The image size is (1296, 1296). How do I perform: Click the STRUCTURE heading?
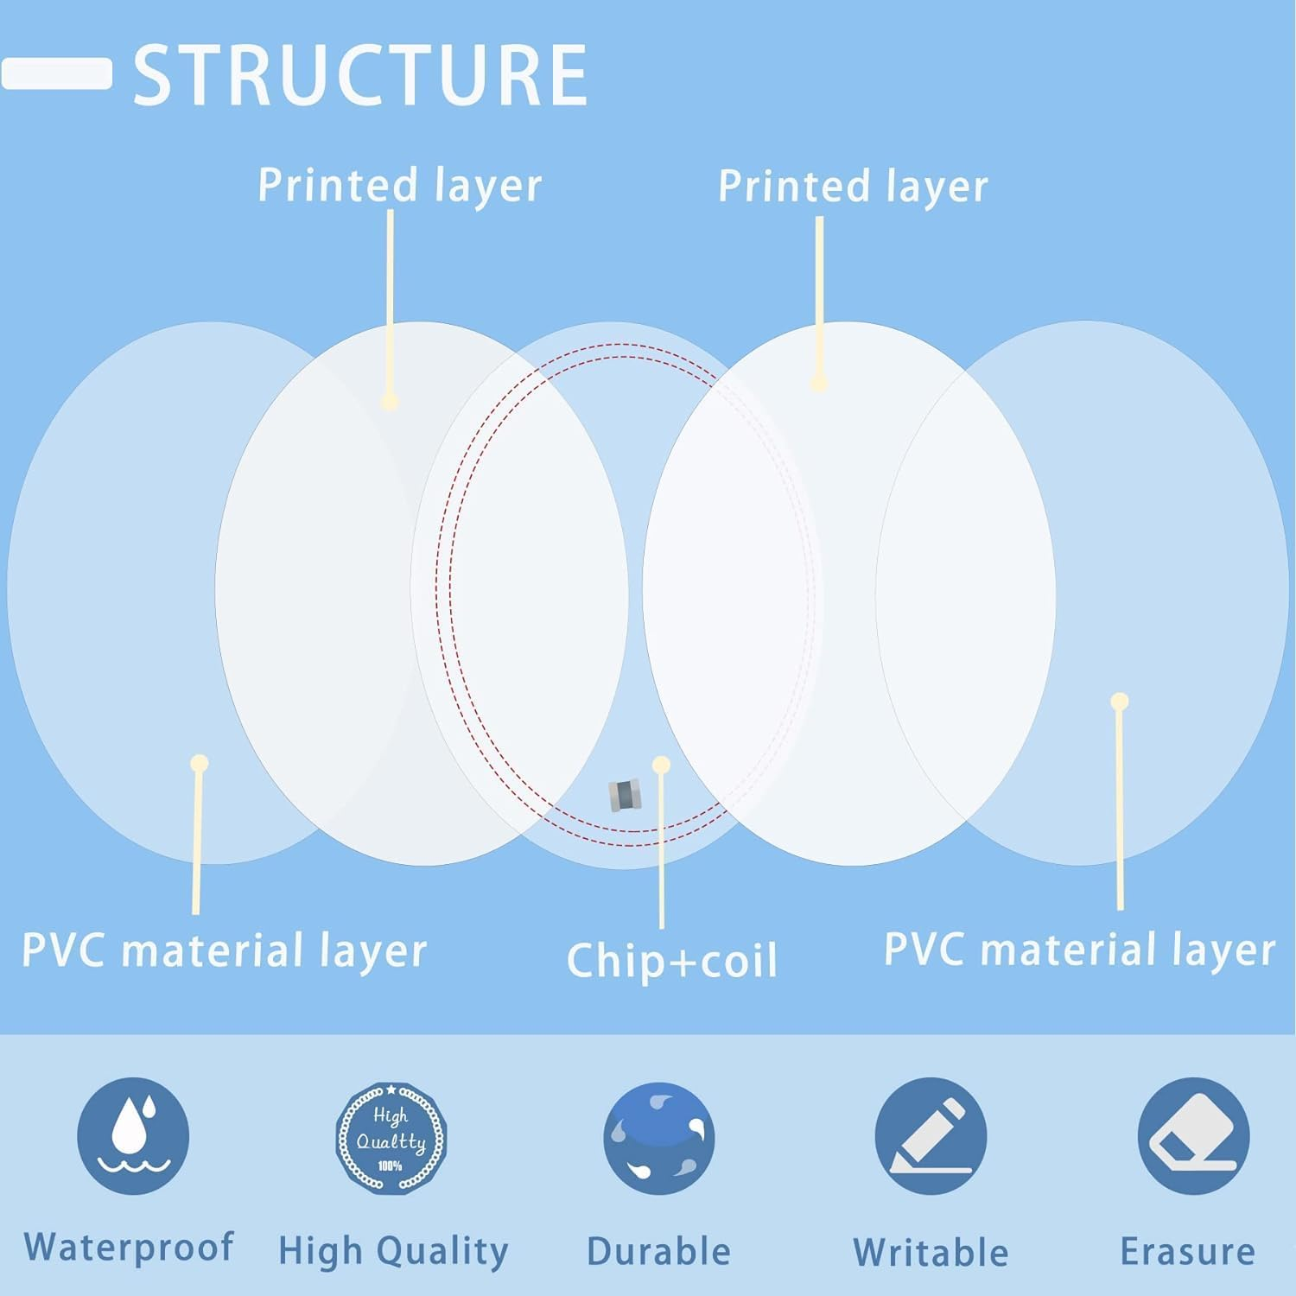coord(360,75)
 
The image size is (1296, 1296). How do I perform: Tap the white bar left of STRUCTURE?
coord(57,73)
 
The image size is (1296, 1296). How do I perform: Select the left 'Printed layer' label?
coord(399,186)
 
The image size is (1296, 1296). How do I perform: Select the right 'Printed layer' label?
coord(853,187)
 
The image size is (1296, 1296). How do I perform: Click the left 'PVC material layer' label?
coord(224,950)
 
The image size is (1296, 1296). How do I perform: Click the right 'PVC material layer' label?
coord(1079,950)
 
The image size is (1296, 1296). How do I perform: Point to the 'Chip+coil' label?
coord(672,961)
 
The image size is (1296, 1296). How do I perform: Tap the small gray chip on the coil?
coord(625,795)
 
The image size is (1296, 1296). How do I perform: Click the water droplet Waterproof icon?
coord(133,1135)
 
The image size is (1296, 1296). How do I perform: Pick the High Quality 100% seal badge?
coord(391,1137)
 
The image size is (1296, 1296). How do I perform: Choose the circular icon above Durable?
coord(659,1137)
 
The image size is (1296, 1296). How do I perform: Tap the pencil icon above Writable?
coord(931,1136)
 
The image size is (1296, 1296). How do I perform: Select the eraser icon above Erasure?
coord(1193,1136)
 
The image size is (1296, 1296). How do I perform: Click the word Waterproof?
coord(129,1248)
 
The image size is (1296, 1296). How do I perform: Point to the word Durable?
coord(658,1251)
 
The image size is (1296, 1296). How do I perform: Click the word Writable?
coord(931,1252)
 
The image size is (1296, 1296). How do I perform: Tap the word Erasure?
coord(1187,1251)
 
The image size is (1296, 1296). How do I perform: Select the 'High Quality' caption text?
coord(393,1251)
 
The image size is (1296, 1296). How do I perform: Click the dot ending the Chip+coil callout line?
coord(662,765)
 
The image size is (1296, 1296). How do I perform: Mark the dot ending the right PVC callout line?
coord(1120,701)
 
